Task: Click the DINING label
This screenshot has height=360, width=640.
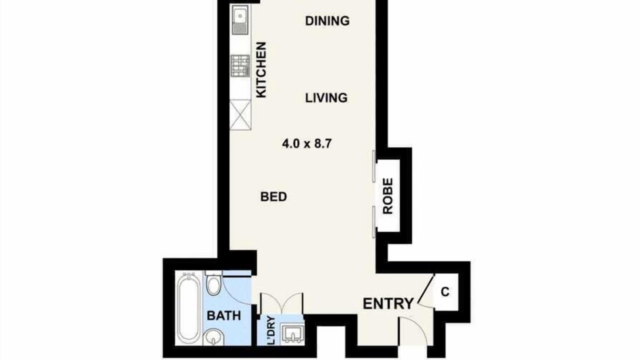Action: click(x=327, y=21)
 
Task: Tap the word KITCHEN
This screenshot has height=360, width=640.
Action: click(x=261, y=69)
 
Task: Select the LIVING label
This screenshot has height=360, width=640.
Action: click(x=326, y=98)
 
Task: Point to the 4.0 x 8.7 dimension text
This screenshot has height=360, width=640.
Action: click(x=307, y=143)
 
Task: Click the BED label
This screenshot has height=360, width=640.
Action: click(x=273, y=197)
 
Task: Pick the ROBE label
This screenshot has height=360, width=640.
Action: click(x=387, y=196)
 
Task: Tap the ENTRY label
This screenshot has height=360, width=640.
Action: click(x=388, y=303)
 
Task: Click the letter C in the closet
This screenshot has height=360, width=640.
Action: click(x=445, y=292)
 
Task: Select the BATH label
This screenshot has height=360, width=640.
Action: click(x=223, y=315)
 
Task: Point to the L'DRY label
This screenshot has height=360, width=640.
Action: click(x=271, y=330)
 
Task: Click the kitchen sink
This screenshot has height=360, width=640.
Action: click(x=240, y=19)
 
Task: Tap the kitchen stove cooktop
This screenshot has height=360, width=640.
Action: click(x=240, y=66)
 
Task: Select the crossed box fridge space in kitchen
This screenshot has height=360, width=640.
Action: click(x=240, y=115)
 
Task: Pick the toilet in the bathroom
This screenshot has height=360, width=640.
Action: click(x=213, y=283)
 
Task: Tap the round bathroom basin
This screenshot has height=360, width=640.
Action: click(x=213, y=337)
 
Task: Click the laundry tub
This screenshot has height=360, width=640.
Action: click(x=291, y=333)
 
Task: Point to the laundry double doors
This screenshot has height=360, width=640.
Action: click(x=281, y=303)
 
